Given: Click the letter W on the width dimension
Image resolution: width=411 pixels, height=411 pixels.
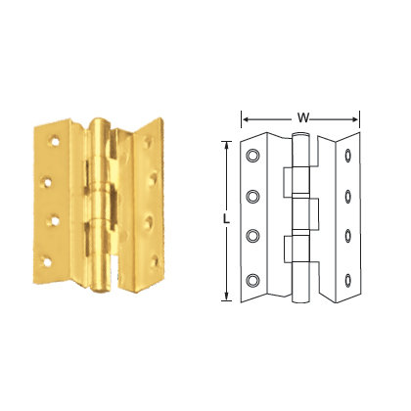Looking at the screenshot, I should (303, 117).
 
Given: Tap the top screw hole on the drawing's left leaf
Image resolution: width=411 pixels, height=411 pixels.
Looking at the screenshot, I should (253, 156).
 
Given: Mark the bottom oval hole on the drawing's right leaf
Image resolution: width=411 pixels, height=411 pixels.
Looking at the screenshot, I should (349, 271).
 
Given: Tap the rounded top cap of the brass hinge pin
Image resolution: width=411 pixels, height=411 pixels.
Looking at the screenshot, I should (100, 125).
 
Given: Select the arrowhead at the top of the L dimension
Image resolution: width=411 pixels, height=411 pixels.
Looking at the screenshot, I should (227, 145).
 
